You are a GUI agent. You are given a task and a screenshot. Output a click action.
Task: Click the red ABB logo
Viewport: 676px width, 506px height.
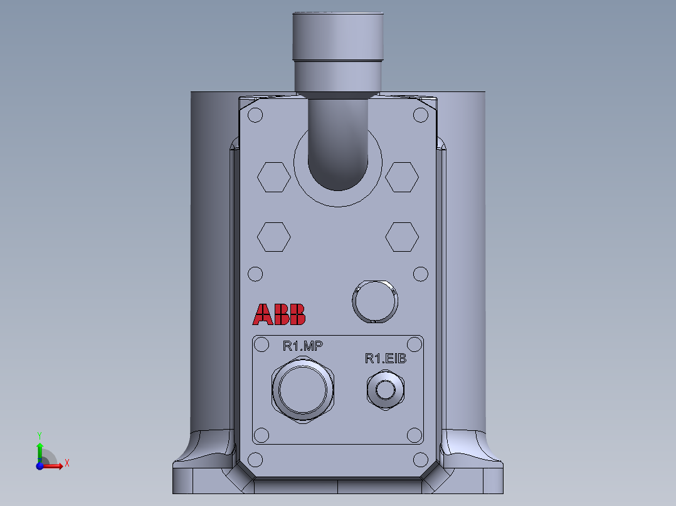click(279, 314)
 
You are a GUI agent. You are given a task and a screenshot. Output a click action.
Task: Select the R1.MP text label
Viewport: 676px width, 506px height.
click(303, 346)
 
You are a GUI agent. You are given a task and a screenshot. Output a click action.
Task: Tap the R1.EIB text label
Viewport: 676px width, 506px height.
click(386, 358)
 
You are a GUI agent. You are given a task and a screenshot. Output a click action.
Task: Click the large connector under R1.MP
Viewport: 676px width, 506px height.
click(304, 391)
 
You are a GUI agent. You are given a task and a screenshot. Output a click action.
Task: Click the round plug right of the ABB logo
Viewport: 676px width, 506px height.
click(375, 301)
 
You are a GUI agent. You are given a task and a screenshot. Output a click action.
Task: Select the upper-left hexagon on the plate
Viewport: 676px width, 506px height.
click(274, 177)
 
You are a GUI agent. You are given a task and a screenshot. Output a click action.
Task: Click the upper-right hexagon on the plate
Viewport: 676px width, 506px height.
click(402, 177)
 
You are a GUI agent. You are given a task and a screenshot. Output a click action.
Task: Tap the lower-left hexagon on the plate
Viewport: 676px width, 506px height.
click(274, 237)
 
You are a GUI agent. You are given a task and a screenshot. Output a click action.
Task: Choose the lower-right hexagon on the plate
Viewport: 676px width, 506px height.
click(402, 237)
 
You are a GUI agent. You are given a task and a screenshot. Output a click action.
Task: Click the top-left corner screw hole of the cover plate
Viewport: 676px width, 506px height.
click(255, 115)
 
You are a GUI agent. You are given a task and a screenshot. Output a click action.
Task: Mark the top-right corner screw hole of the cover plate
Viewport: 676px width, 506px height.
click(421, 115)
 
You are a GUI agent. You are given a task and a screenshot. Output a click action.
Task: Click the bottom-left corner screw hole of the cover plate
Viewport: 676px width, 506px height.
click(255, 460)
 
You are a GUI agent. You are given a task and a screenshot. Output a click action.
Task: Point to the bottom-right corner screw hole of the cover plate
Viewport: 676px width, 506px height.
click(421, 460)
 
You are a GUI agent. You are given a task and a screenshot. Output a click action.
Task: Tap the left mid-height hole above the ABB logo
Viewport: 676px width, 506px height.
click(255, 274)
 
